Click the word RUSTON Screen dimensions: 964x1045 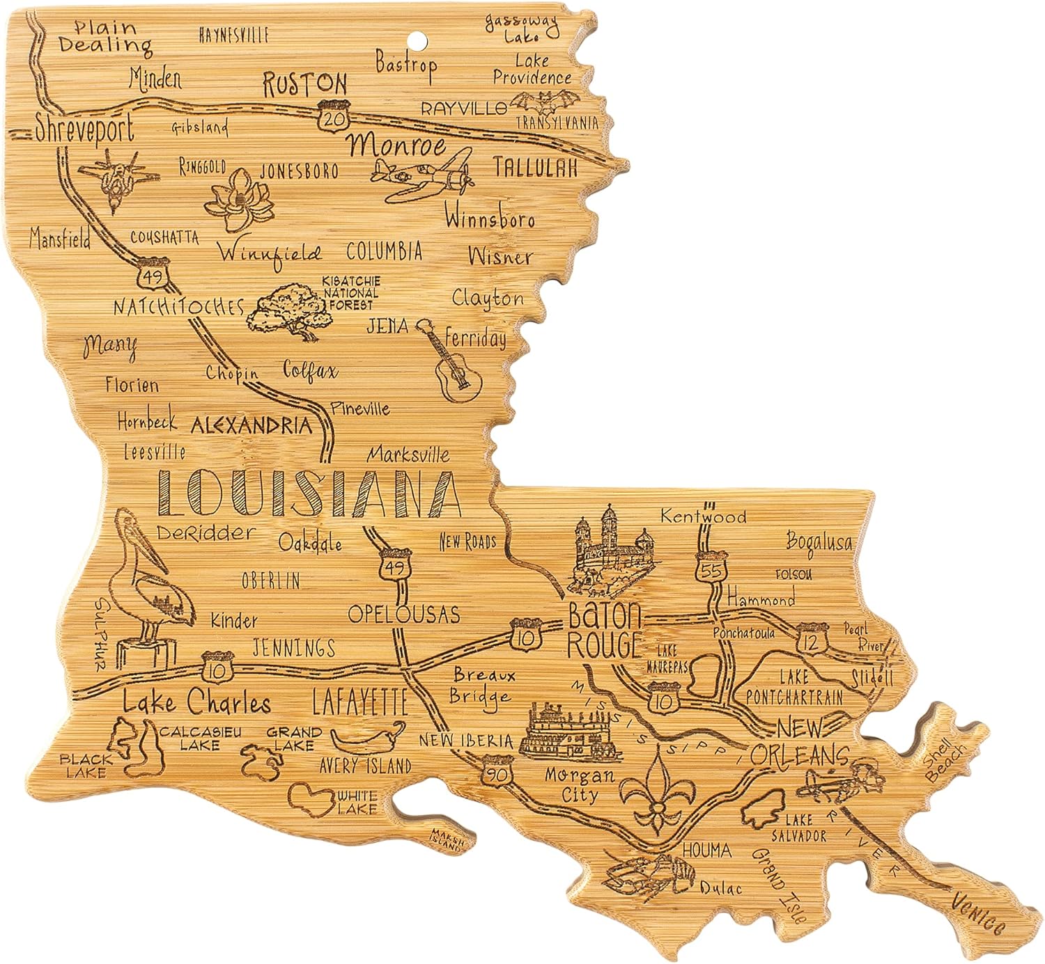click(304, 84)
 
